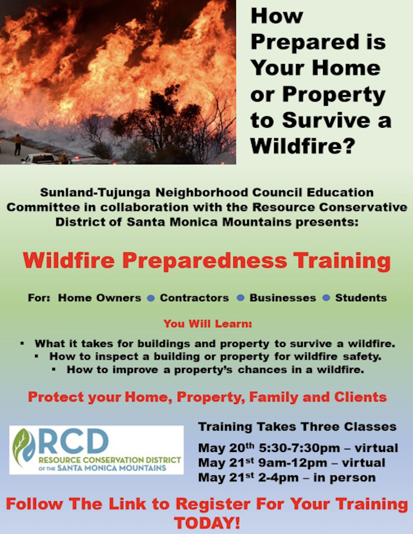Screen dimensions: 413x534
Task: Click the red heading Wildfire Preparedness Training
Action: pos(207,261)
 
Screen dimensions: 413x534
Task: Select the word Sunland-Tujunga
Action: pos(95,192)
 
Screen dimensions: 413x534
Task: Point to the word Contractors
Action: pos(194,298)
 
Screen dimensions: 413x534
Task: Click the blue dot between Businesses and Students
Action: pos(326,298)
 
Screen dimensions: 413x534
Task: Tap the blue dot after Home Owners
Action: pos(151,298)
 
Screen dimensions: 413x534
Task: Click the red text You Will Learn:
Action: pos(208,324)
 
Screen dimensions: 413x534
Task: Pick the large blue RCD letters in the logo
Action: pos(73,442)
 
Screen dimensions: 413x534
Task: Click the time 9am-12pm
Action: pos(293,463)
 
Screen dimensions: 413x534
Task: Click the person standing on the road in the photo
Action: pos(18,145)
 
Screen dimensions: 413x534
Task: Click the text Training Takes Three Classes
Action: pos(297,427)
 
